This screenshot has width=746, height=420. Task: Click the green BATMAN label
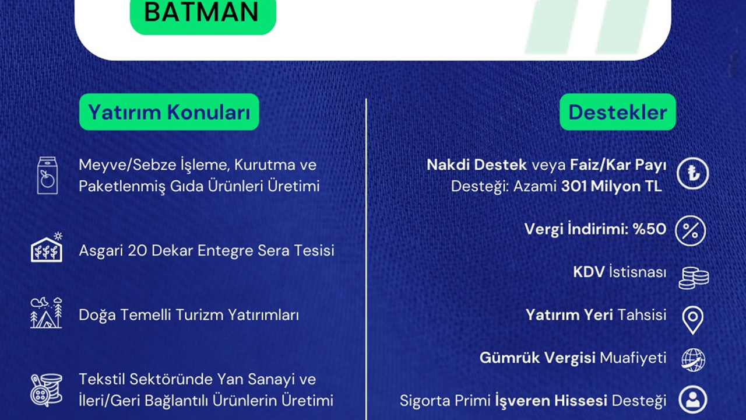pyautogui.click(x=203, y=15)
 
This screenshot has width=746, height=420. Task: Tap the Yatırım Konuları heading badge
pyautogui.click(x=169, y=112)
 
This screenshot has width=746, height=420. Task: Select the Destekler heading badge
pyautogui.click(x=617, y=112)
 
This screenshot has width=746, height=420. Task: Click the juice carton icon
pyautogui.click(x=47, y=176)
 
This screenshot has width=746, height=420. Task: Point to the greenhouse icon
pyautogui.click(x=47, y=247)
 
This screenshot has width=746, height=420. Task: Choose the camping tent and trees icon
pyautogui.click(x=46, y=313)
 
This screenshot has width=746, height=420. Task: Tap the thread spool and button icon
pyautogui.click(x=47, y=390)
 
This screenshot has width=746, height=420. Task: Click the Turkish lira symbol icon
pyautogui.click(x=693, y=173)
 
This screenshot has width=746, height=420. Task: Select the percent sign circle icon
pyautogui.click(x=691, y=230)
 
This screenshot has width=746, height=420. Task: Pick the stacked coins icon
pyautogui.click(x=694, y=278)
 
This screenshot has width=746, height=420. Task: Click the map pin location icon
pyautogui.click(x=693, y=320)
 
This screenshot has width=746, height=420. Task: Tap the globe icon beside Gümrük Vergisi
pyautogui.click(x=693, y=360)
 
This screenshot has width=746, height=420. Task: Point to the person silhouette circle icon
pyautogui.click(x=693, y=400)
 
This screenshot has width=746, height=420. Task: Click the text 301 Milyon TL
pyautogui.click(x=611, y=186)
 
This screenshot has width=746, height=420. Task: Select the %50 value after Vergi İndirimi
pyautogui.click(x=649, y=229)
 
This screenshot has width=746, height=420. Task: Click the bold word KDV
pyautogui.click(x=589, y=272)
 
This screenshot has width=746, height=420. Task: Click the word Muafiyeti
pyautogui.click(x=633, y=358)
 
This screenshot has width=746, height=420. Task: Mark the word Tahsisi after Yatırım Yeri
pyautogui.click(x=642, y=315)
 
